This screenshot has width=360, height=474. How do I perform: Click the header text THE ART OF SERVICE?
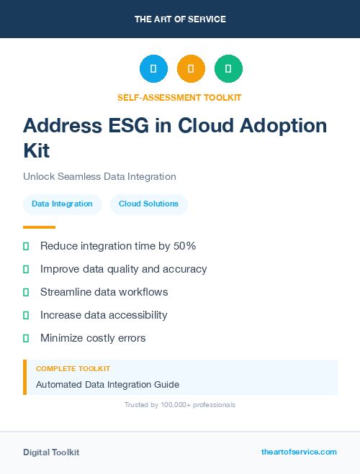tap(180, 19)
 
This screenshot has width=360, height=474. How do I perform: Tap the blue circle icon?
tap(153, 69)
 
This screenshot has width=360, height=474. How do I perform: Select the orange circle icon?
tap(191, 69)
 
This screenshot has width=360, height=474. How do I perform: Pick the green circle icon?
tap(228, 69)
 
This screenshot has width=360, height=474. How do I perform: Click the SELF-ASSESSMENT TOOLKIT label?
tap(179, 97)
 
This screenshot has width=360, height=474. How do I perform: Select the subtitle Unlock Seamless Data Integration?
tap(99, 176)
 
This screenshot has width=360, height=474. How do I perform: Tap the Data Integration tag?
tap(62, 204)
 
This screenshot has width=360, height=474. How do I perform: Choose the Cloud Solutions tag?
tap(148, 204)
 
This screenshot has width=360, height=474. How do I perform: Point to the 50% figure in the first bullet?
tap(185, 246)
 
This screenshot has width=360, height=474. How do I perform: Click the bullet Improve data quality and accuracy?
tap(123, 269)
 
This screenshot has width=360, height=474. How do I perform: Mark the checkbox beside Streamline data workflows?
tap(26, 292)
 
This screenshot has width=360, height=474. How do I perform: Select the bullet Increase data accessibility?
tap(104, 315)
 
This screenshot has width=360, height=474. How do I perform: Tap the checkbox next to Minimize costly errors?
tap(26, 338)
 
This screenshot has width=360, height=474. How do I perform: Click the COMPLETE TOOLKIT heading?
tap(73, 368)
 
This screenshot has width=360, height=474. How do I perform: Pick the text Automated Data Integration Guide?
tap(107, 385)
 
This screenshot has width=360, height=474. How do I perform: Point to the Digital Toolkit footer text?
tap(51, 452)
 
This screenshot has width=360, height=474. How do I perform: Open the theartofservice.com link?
tap(299, 452)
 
